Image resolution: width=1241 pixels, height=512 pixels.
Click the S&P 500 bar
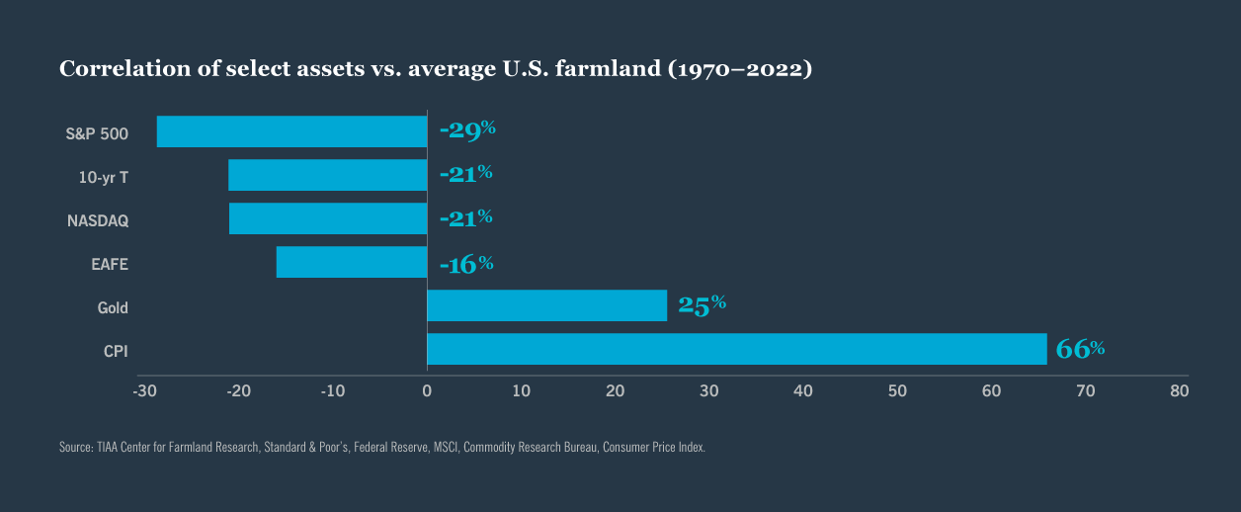291,131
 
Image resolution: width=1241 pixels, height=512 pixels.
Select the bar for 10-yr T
327,175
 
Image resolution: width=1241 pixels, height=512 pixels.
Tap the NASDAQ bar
328,218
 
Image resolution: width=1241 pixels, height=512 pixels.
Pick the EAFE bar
352,262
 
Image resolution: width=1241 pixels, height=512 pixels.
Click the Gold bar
546,305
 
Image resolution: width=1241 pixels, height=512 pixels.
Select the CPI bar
736,349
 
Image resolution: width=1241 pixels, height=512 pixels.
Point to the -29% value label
466,129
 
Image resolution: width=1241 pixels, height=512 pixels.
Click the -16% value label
465,264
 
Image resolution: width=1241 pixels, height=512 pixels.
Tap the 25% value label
702,305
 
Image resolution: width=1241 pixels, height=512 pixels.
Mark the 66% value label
1080,349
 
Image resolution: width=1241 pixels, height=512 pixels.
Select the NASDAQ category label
98,220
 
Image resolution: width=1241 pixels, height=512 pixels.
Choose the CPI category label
116,351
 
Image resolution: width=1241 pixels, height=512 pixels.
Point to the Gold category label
113,307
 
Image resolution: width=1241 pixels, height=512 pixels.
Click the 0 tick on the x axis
427,391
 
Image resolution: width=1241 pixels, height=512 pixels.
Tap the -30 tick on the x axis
144,391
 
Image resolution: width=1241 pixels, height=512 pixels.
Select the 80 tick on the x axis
1179,391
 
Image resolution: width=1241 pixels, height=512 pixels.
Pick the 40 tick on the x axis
803,391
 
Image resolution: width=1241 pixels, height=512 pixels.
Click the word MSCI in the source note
445,448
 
